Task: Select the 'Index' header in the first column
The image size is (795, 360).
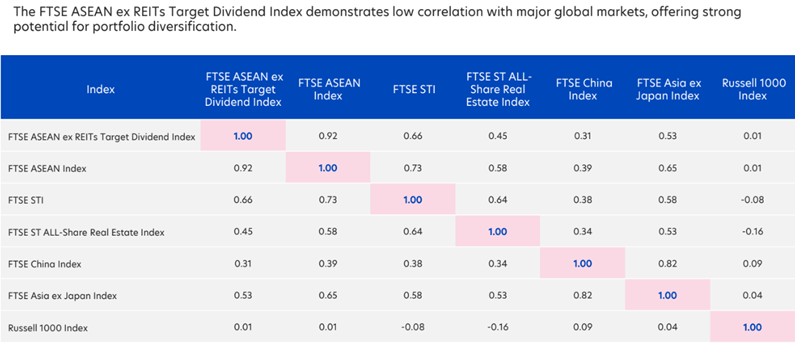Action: coord(100,88)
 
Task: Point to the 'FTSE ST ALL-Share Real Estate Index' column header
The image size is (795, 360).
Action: coord(497,88)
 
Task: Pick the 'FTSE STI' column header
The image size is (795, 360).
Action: coord(412,88)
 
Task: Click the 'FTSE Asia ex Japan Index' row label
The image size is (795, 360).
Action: coord(62,295)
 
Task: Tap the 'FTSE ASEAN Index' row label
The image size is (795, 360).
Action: coord(46,168)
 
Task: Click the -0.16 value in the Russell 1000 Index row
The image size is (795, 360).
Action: coord(497,327)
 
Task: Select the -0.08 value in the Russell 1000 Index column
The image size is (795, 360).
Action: coord(751,200)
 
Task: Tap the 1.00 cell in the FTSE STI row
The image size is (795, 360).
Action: coord(412,200)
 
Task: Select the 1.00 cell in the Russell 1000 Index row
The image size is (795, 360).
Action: coord(751,327)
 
